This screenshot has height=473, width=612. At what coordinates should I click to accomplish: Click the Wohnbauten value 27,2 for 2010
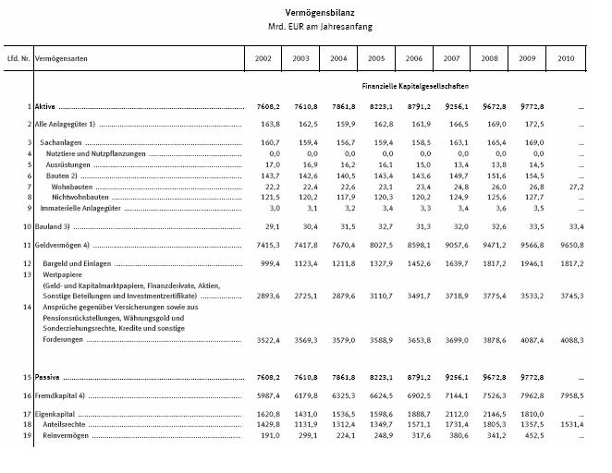[x=571, y=186]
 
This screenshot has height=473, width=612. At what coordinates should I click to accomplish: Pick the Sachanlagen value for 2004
[x=339, y=142]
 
